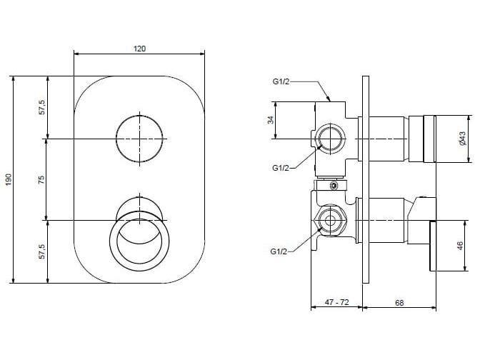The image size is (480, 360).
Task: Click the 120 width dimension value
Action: pyautogui.click(x=139, y=49)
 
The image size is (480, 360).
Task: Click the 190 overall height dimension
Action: pyautogui.click(x=9, y=179)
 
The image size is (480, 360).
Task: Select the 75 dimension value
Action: pyautogui.click(x=41, y=179)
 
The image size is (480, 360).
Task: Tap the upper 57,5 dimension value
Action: pyautogui.click(x=42, y=107)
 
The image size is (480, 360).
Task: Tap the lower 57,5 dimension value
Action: pyautogui.click(x=42, y=251)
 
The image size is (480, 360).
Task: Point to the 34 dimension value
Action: pyautogui.click(x=271, y=120)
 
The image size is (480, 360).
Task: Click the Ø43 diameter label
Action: pyautogui.click(x=462, y=139)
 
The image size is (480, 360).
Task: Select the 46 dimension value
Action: pyautogui.click(x=460, y=246)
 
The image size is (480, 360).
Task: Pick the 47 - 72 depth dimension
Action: pyautogui.click(x=336, y=302)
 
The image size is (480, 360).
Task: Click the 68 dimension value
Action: pyautogui.click(x=399, y=303)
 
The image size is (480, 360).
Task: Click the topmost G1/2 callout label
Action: pyautogui.click(x=281, y=81)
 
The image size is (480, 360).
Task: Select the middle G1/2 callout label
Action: pyautogui.click(x=281, y=168)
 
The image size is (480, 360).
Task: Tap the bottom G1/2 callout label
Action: pyautogui.click(x=279, y=251)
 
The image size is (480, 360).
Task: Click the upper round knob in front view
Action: pyautogui.click(x=139, y=139)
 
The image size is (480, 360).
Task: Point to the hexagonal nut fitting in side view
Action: pyautogui.click(x=330, y=221)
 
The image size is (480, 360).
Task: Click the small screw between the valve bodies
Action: pyautogui.click(x=334, y=186)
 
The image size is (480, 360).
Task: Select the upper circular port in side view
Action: pyautogui.click(x=330, y=139)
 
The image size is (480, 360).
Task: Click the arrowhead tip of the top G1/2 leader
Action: pyautogui.click(x=330, y=101)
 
